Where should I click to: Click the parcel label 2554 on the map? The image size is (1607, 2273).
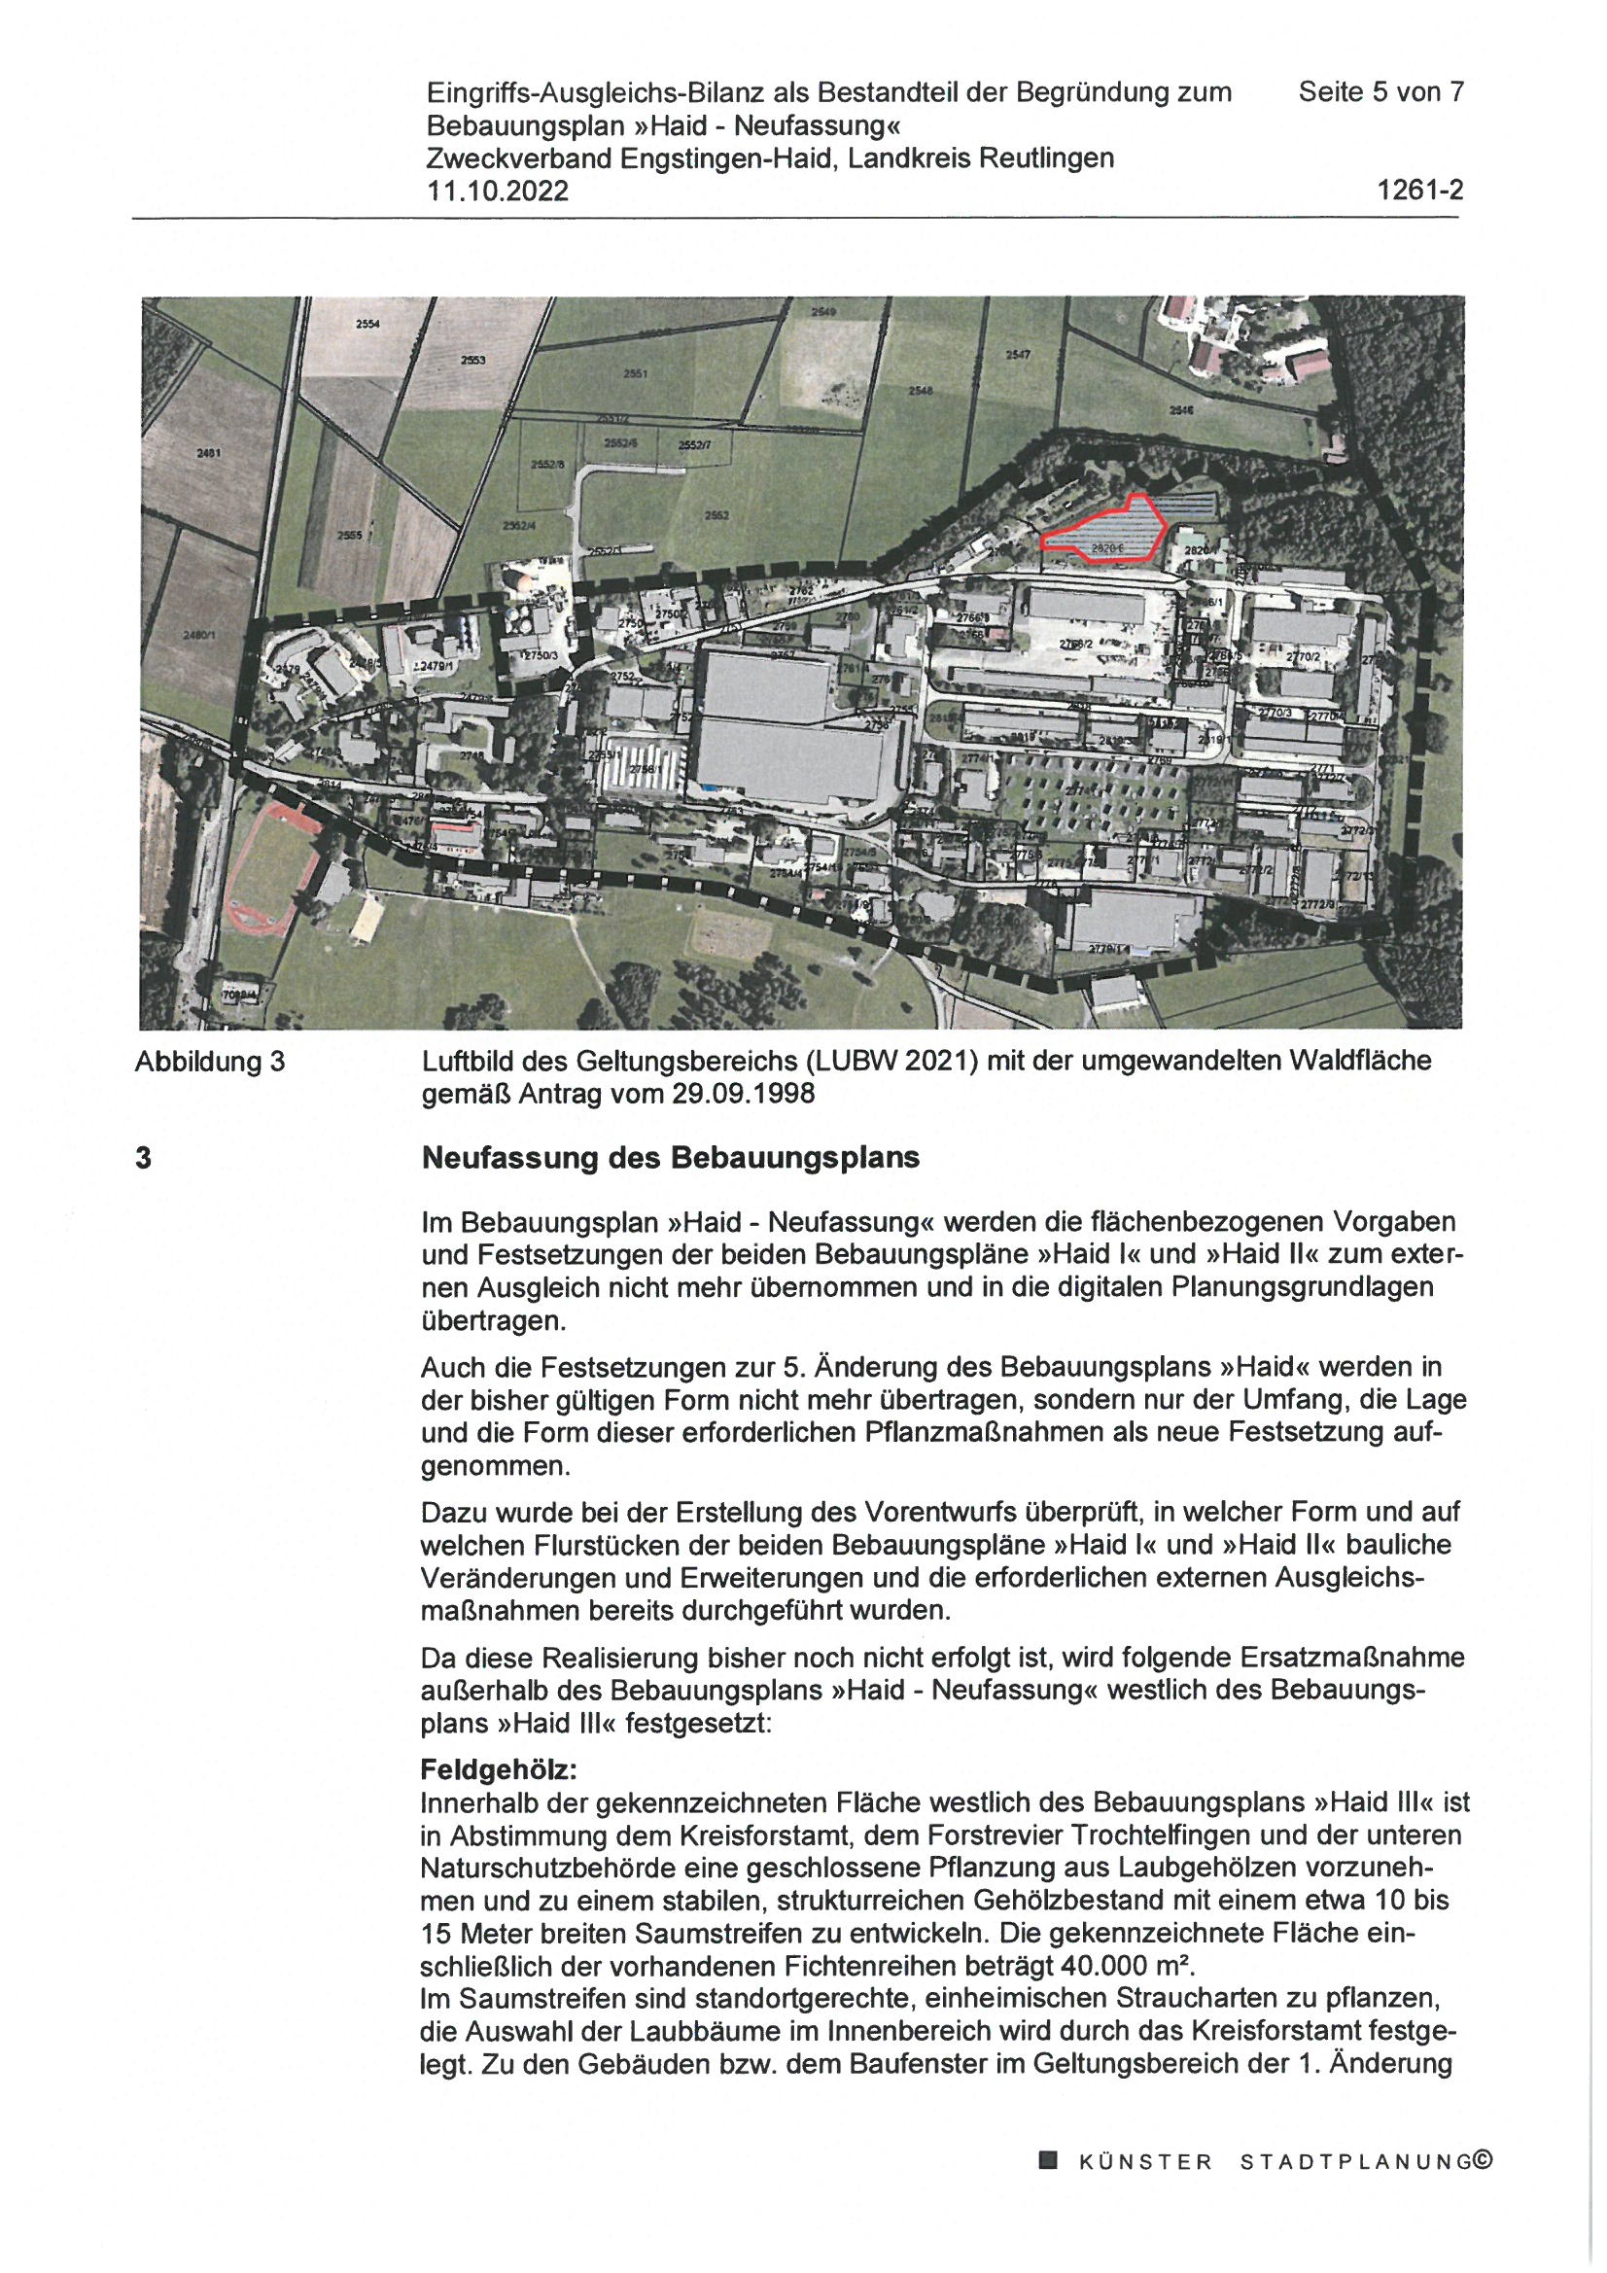pos(367,325)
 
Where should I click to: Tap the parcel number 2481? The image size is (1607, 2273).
pos(208,452)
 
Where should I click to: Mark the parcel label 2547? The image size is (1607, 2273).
pos(1019,354)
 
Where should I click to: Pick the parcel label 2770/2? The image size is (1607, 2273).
pos(1303,656)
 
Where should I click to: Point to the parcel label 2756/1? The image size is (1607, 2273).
pos(644,767)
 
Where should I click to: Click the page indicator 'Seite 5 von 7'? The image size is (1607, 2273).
pos(1381,92)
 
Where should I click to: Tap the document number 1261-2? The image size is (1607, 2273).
pos(1420,191)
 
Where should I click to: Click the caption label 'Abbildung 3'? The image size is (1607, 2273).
pos(210,1063)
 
